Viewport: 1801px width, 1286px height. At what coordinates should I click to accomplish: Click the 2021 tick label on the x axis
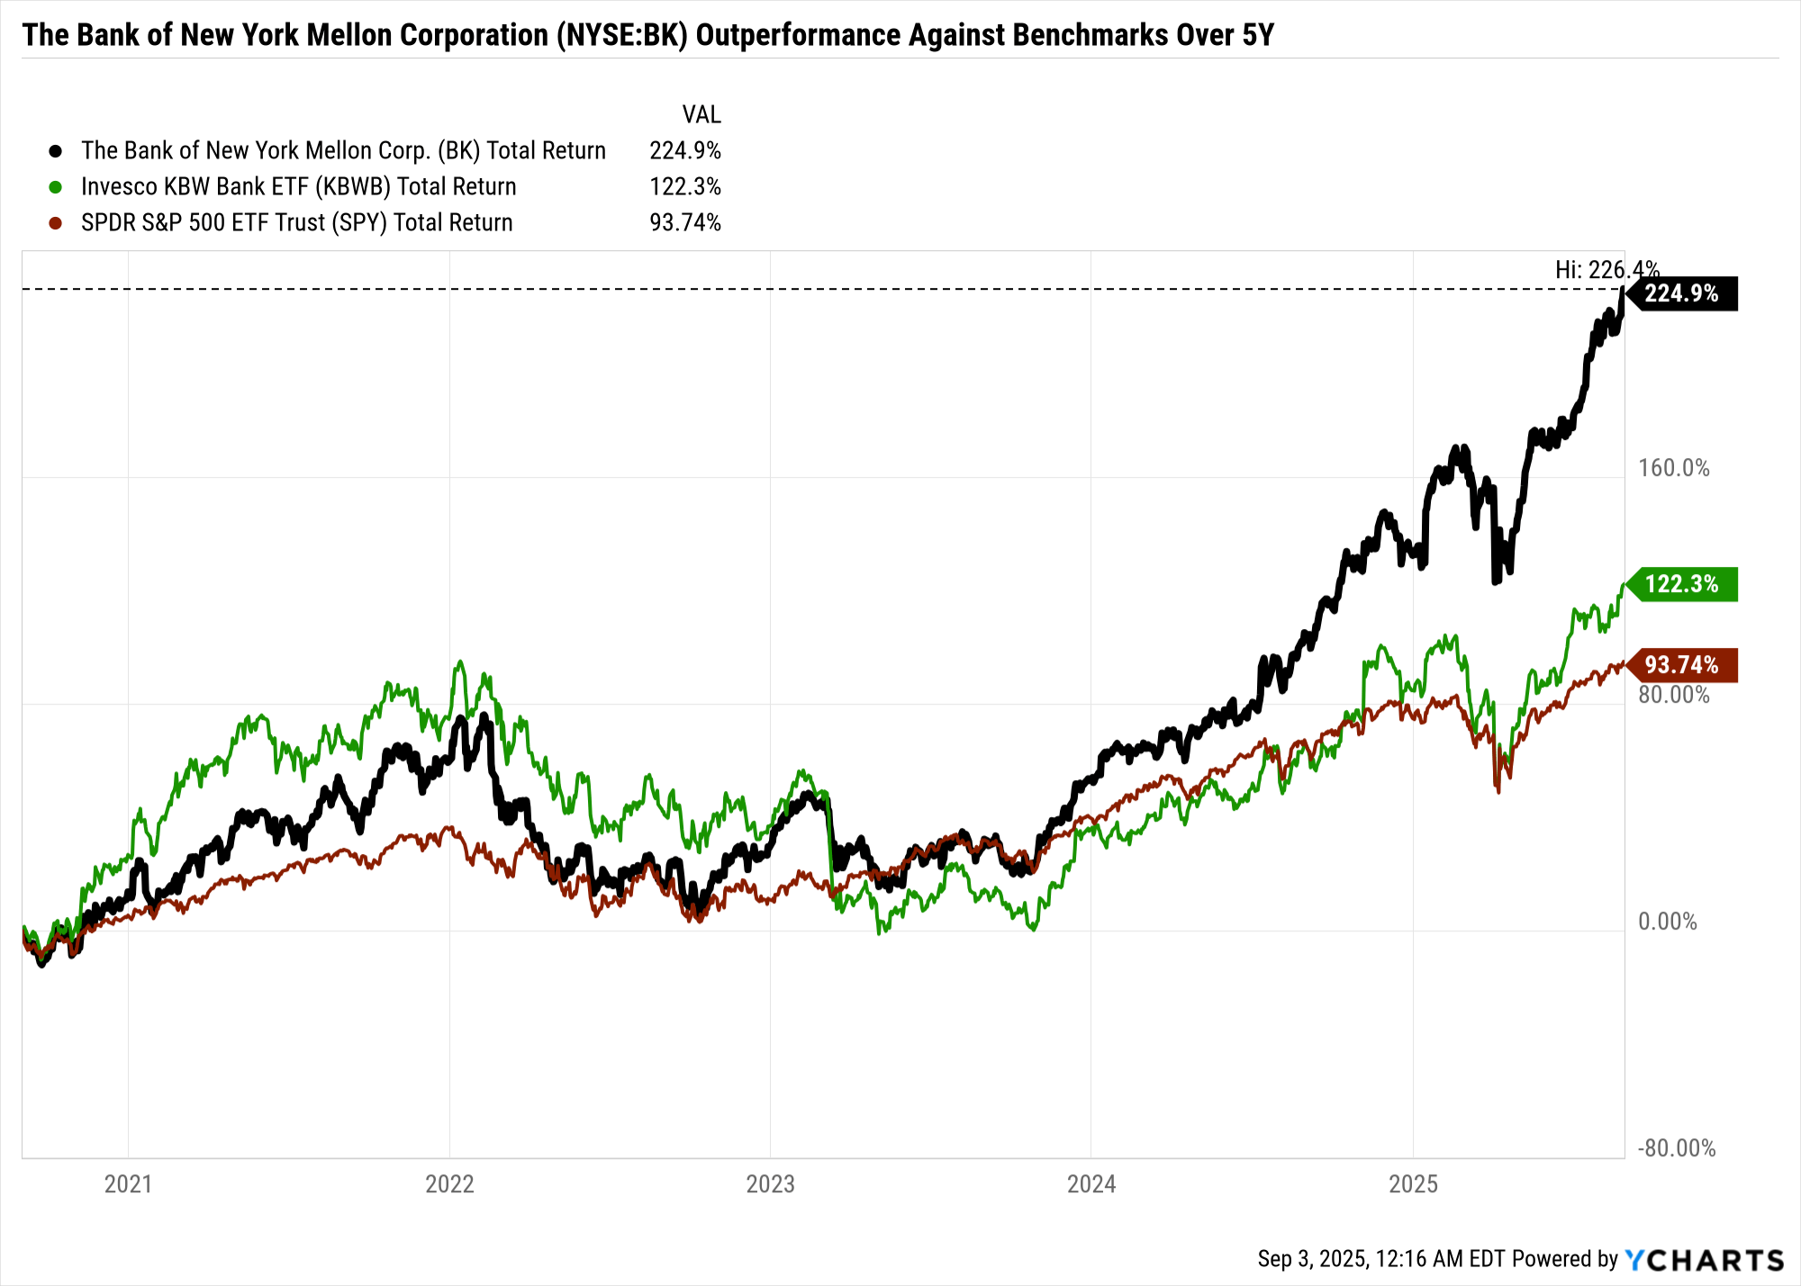(x=128, y=1183)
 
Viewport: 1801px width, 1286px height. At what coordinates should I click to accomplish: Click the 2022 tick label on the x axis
(x=449, y=1183)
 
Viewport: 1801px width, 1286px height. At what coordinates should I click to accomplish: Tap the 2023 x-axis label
(x=770, y=1183)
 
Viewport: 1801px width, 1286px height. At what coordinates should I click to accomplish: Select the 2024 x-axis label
(x=1091, y=1183)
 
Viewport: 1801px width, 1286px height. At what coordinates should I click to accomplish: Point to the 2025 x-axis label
(x=1413, y=1183)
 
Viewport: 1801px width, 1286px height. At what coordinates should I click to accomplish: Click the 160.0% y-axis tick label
(x=1673, y=468)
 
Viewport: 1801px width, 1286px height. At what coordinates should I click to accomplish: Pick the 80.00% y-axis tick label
(x=1673, y=695)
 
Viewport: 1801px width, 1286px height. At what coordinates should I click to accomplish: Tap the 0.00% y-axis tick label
(x=1667, y=922)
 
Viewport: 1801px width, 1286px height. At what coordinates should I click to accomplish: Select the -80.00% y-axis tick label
(x=1676, y=1148)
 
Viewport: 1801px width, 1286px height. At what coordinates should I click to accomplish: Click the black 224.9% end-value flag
(x=1681, y=294)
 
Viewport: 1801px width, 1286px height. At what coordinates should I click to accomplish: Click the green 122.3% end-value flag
(x=1681, y=584)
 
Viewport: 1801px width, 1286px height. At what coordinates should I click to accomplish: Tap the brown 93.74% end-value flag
(x=1681, y=665)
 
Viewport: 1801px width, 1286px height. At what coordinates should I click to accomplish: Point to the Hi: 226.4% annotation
(x=1606, y=270)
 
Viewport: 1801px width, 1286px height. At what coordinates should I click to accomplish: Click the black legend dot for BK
(x=56, y=151)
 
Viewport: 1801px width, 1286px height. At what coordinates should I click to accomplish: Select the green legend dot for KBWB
(x=56, y=187)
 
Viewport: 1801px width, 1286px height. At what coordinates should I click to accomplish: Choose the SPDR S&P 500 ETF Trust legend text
(x=296, y=222)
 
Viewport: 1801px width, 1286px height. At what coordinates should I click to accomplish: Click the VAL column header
(x=701, y=115)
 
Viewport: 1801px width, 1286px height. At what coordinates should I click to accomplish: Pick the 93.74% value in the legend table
(x=684, y=222)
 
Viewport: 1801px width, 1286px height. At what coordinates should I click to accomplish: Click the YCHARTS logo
(x=1704, y=1259)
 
